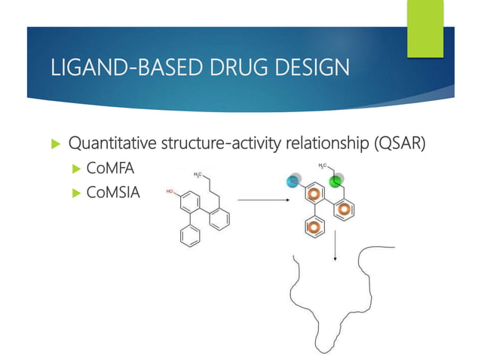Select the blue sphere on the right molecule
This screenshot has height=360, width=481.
coord(293,182)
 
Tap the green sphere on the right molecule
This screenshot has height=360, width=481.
coord(338,181)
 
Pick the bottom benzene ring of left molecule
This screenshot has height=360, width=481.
coord(185,235)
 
